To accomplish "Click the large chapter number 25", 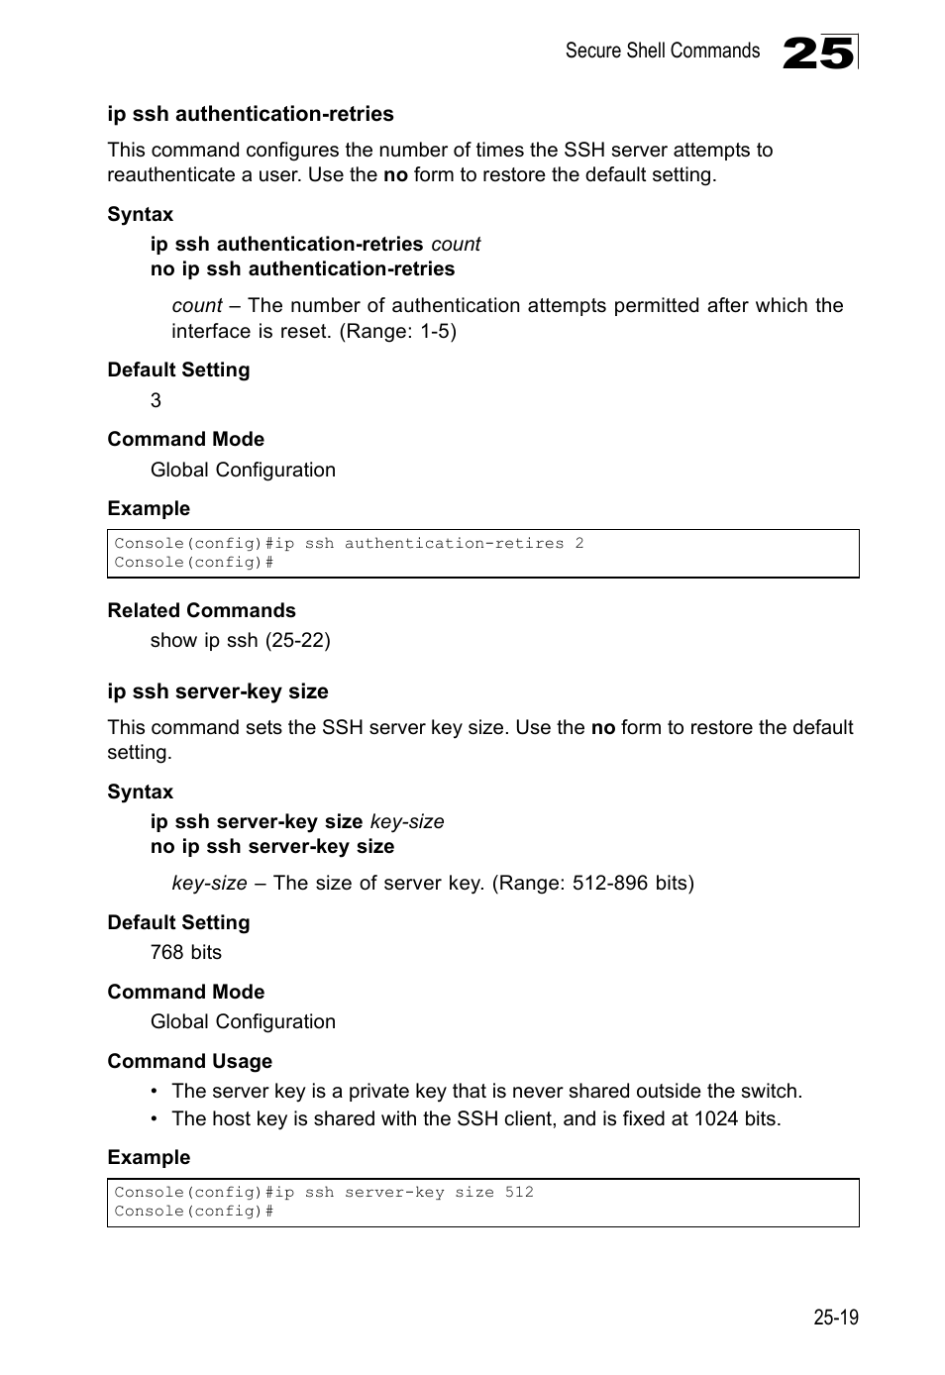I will pos(817,53).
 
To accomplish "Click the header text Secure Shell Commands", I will pos(662,51).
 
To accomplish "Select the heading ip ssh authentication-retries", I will pos(250,114).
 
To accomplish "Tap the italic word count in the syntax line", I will pos(456,244).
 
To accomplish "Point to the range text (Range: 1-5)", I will pos(398,331).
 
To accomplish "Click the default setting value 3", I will pos(156,400).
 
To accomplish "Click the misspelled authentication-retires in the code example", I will pos(454,543).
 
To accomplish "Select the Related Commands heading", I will pos(201,610).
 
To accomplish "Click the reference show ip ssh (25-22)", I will pos(240,640).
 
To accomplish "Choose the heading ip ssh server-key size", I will pos(217,691).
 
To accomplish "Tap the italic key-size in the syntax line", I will pos(407,821).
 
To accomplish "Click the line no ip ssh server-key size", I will pos(272,846).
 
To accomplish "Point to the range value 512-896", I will pos(610,883).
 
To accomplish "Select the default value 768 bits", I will pos(186,952).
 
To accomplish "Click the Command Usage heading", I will pos(189,1061).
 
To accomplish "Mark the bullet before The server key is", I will pos(156,1092).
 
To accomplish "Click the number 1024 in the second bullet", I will pos(715,1118).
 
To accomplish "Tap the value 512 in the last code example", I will pos(519,1192).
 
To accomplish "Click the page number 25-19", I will pos(836,1317).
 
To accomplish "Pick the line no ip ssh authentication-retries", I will pos(302,268).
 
